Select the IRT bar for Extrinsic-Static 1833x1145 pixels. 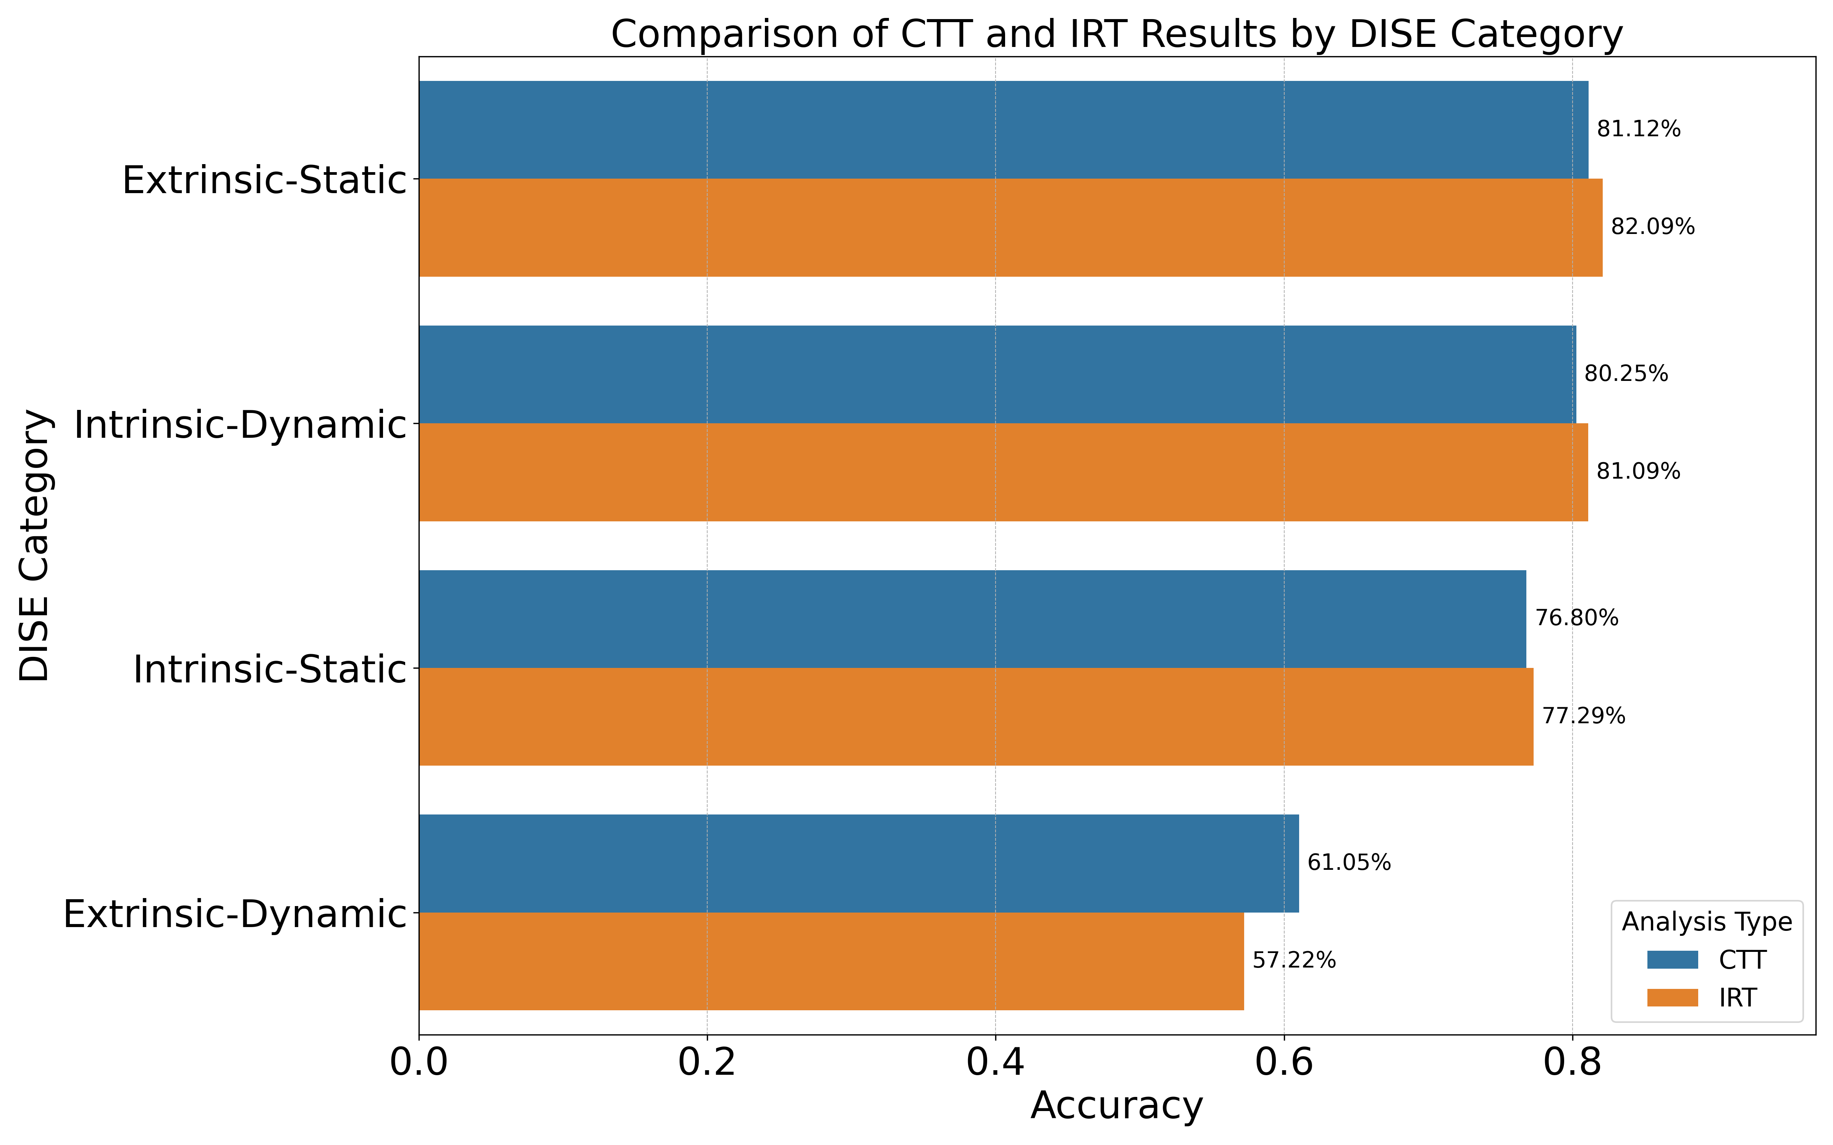(1010, 227)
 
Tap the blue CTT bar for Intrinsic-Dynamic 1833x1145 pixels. (997, 374)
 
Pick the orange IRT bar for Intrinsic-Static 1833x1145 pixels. (976, 716)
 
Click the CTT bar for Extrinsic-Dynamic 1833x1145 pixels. (858, 863)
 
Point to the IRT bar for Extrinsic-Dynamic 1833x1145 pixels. (831, 961)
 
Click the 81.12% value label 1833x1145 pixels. (1638, 129)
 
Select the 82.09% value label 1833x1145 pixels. (1652, 227)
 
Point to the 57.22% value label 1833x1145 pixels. (1294, 961)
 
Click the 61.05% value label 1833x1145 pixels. (1349, 863)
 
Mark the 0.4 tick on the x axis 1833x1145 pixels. (995, 1063)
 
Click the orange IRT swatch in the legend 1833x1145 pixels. (1673, 998)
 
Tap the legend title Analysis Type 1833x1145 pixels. (1707, 922)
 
